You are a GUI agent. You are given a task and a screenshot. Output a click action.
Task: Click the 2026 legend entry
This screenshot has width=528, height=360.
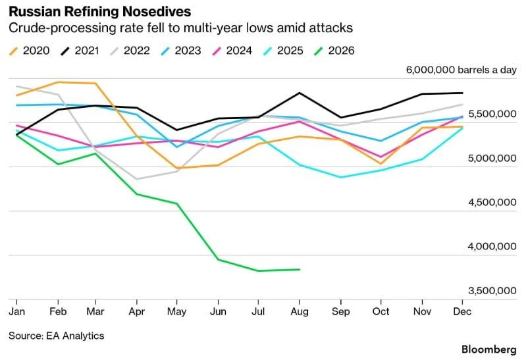pyautogui.click(x=334, y=51)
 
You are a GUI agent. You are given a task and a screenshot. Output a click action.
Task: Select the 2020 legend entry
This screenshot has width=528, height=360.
pyautogui.click(x=29, y=51)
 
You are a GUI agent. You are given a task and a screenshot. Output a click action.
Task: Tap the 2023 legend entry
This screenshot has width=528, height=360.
pyautogui.click(x=181, y=51)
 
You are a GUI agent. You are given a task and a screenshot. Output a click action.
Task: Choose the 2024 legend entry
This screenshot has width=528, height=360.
pyautogui.click(x=232, y=51)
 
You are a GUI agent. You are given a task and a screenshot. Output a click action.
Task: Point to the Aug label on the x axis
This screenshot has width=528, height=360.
pyautogui.click(x=300, y=311)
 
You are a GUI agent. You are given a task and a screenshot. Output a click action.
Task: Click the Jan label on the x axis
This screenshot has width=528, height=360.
pyautogui.click(x=17, y=311)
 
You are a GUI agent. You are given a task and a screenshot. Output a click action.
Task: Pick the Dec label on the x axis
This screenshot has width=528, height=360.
pyautogui.click(x=462, y=311)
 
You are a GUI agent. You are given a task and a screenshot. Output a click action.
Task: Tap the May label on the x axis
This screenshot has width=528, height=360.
pyautogui.click(x=177, y=312)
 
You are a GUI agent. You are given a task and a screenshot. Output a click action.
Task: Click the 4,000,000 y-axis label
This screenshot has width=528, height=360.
pyautogui.click(x=492, y=247)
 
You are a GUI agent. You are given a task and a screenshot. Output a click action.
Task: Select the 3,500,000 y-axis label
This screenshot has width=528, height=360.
pyautogui.click(x=492, y=291)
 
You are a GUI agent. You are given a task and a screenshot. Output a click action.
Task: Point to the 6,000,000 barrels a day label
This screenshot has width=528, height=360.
pyautogui.click(x=462, y=70)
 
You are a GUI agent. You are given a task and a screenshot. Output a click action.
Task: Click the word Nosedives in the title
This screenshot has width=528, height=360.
pyautogui.click(x=157, y=12)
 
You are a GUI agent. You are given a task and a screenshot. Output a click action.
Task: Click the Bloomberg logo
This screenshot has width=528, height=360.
pyautogui.click(x=489, y=349)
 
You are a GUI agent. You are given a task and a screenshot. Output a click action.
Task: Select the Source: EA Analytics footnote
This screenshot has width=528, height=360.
pyautogui.click(x=56, y=336)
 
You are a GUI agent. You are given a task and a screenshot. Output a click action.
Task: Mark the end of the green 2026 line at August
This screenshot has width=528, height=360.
pyautogui.click(x=300, y=269)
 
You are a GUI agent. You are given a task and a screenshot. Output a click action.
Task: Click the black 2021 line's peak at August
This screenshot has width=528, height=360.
pyautogui.click(x=300, y=93)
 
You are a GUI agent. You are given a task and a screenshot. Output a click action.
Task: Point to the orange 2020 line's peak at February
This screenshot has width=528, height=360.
pyautogui.click(x=58, y=82)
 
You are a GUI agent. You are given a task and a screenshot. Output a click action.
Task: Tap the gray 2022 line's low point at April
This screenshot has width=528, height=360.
pyautogui.click(x=137, y=179)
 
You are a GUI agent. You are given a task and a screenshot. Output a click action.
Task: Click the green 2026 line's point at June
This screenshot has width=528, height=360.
pyautogui.click(x=218, y=259)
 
